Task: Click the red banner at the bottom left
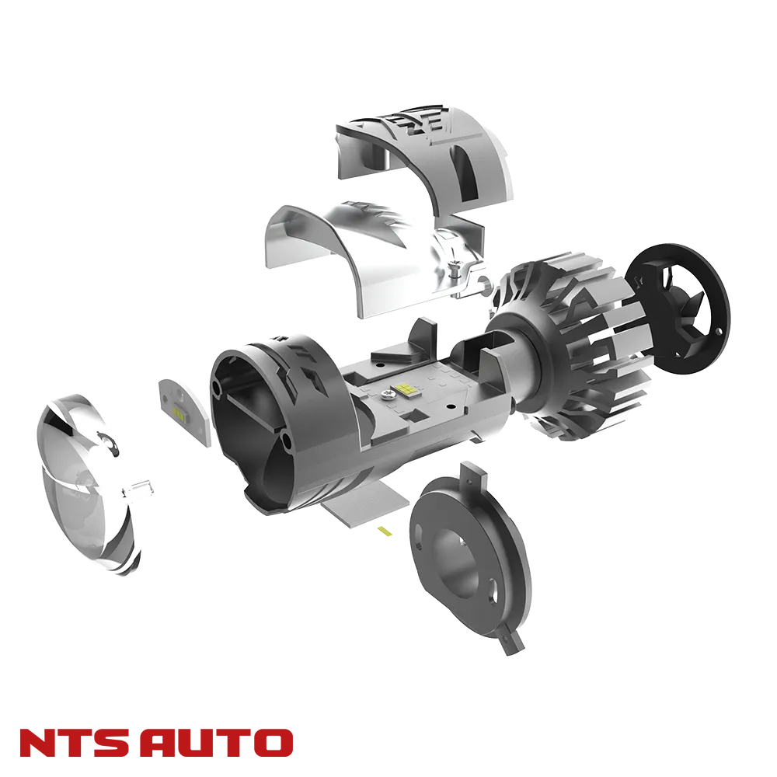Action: tap(156, 742)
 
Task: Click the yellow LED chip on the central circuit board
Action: tap(405, 388)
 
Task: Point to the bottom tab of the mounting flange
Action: tap(509, 642)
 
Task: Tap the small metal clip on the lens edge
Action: tap(145, 487)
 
